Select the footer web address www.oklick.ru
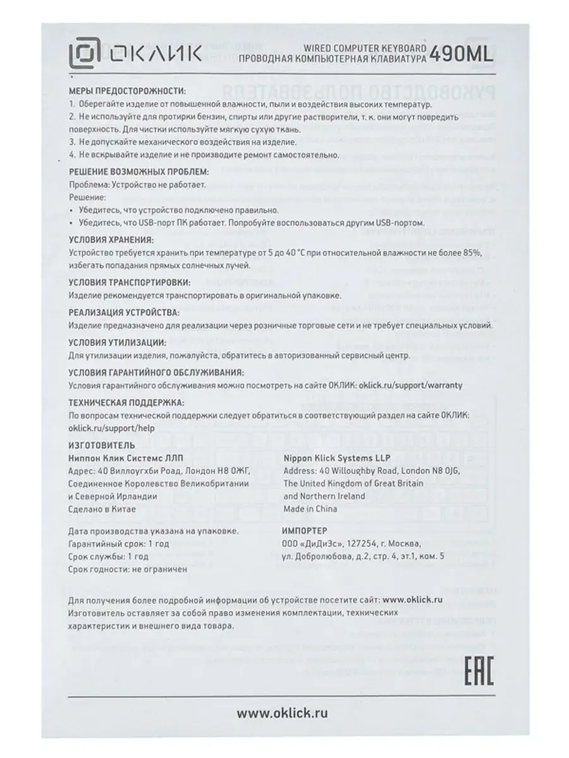(x=283, y=713)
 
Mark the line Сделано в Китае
(x=99, y=509)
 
